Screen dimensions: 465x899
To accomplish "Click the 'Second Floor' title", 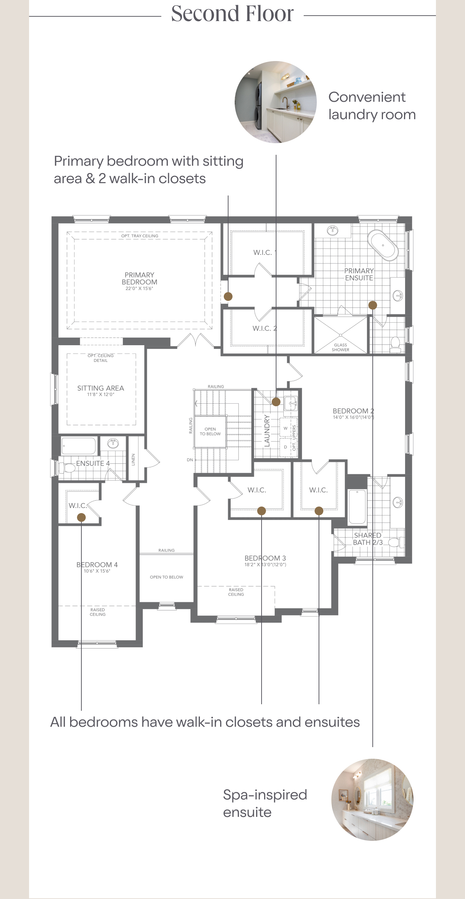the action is pyautogui.click(x=232, y=14).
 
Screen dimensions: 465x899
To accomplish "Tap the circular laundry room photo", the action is pyautogui.click(x=275, y=102).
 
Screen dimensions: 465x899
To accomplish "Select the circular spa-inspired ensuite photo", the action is pyautogui.click(x=372, y=799).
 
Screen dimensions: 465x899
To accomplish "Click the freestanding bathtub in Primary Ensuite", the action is pyautogui.click(x=383, y=245).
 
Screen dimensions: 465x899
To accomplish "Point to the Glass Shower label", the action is pyautogui.click(x=340, y=347).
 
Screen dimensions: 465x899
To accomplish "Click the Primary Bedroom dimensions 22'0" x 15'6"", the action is pyautogui.click(x=139, y=289).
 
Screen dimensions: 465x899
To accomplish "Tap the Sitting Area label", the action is pyautogui.click(x=101, y=388).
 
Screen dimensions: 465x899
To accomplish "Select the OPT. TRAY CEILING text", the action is pyautogui.click(x=140, y=236).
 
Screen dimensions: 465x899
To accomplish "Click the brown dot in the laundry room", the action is pyautogui.click(x=276, y=402).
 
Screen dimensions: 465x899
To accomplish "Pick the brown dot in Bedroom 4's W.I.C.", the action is pyautogui.click(x=81, y=517).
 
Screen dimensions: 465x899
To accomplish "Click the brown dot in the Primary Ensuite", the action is pyautogui.click(x=373, y=305).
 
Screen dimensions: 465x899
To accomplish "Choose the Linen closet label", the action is pyautogui.click(x=133, y=459).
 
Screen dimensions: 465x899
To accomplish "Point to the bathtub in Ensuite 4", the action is pyautogui.click(x=79, y=446).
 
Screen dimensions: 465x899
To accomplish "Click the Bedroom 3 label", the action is pyautogui.click(x=265, y=558).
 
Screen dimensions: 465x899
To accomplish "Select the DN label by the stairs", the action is pyautogui.click(x=190, y=460).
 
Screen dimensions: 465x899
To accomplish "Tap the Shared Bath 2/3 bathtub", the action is pyautogui.click(x=357, y=507).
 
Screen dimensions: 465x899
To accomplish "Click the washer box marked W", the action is pyautogui.click(x=286, y=428).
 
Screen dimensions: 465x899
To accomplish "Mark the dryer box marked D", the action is pyautogui.click(x=286, y=447).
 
